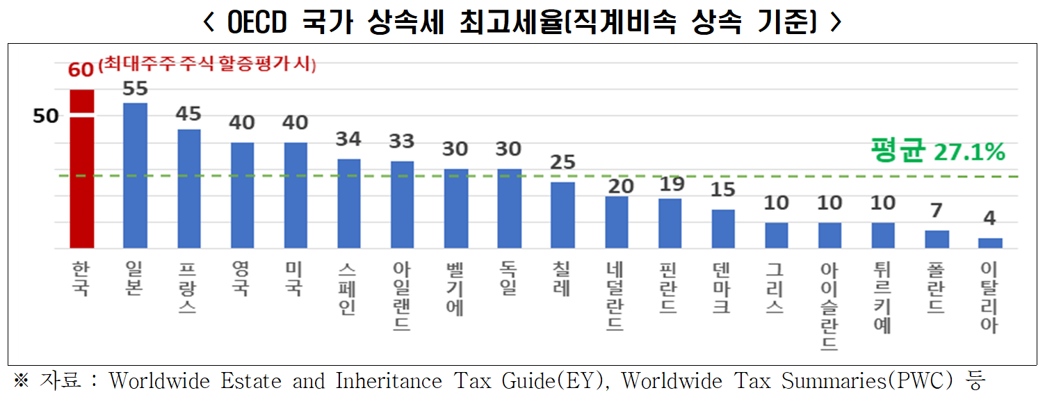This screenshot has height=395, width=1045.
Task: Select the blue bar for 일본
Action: pos(135,175)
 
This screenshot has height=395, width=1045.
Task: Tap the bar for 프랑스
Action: pos(188,188)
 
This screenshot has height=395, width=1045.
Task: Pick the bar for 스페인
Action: pos(349,203)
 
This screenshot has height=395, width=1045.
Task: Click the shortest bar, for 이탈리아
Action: pos(990,243)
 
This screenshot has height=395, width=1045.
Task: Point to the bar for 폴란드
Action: pos(937,239)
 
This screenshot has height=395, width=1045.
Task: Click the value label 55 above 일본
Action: pos(135,89)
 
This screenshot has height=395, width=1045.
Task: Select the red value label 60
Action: pos(81,70)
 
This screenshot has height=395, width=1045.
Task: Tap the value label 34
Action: pos(348,139)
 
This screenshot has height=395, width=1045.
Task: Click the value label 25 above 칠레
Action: pos(562,162)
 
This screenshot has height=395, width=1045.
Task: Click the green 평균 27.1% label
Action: pos(937,151)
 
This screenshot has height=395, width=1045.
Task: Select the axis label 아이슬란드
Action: pos(829,307)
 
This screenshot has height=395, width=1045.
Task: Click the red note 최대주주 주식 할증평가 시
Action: pos(207,66)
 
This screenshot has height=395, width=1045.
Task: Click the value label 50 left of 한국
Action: pos(46,116)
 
